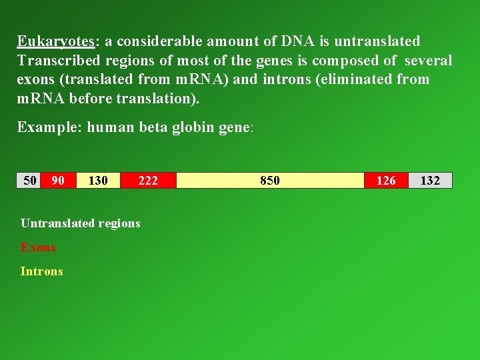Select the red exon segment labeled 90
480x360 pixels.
tap(58, 181)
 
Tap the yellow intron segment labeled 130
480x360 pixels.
tap(98, 181)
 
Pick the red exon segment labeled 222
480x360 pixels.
tap(148, 181)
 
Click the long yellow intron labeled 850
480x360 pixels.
tap(270, 181)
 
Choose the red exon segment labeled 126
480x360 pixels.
tap(386, 181)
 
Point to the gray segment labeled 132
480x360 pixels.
tap(430, 181)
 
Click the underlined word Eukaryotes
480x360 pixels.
tap(56, 42)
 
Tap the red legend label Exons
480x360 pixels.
tap(38, 247)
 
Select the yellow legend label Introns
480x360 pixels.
tap(41, 271)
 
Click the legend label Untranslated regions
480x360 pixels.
tap(80, 223)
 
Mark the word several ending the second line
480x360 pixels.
tap(428, 61)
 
